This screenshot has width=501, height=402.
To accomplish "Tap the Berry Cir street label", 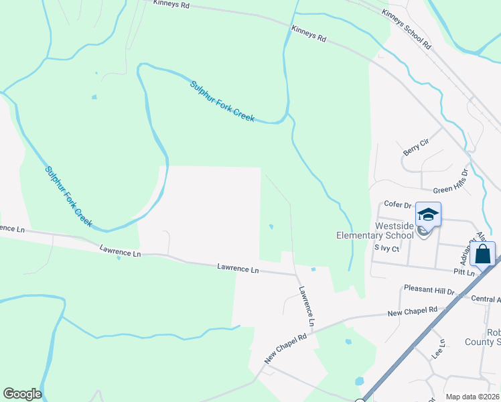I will tap(415, 147).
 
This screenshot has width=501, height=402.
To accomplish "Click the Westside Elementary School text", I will tap(374, 230).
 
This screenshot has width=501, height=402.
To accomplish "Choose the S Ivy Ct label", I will tap(386, 249).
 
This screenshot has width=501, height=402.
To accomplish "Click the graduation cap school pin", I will tap(428, 215).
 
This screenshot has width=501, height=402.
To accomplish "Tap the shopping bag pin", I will tap(482, 255).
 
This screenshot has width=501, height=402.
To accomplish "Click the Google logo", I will tap(22, 394).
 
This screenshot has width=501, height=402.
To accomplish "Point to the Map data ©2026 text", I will tap(472, 397).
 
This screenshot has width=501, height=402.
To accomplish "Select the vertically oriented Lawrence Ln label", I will tap(307, 307).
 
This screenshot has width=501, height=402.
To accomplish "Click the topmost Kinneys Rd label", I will tap(171, 4).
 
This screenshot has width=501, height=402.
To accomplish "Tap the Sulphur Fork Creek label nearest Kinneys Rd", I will tap(222, 101).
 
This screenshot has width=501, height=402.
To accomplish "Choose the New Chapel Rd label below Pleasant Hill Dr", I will tap(413, 311).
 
